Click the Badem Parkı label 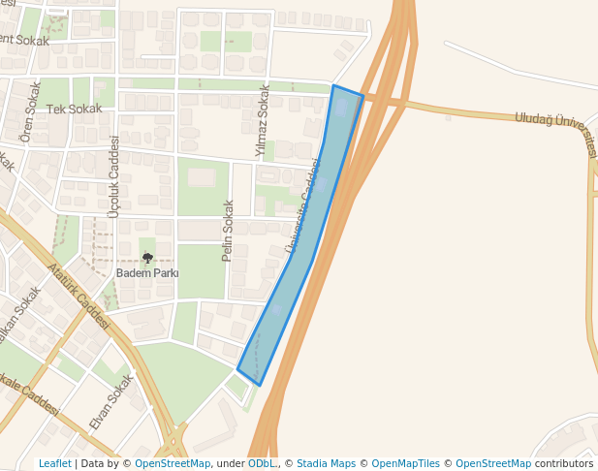147,273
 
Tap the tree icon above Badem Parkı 147,258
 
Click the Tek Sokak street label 74,109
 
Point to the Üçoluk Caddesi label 114,176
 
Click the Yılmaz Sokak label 262,120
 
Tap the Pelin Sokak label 229,230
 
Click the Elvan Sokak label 110,402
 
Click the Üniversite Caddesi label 303,208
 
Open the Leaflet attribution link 54,463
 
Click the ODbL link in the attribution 262,463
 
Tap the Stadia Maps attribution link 326,463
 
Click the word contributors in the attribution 564,463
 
